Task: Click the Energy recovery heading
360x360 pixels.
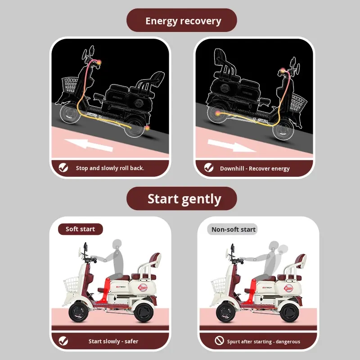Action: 183,21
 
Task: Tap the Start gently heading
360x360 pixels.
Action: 184,199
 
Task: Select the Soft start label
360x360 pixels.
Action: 80,229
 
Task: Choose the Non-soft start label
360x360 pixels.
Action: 233,229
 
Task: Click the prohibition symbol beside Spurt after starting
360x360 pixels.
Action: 219,340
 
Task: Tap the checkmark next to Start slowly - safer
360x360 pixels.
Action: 63,341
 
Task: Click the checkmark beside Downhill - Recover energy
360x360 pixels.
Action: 209,167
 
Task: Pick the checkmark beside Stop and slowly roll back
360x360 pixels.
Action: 63,167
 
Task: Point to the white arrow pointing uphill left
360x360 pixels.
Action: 89,145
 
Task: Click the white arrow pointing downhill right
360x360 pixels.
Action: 232,146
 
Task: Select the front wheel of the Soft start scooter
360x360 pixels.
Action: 78,312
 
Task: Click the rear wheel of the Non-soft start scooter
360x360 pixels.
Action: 289,312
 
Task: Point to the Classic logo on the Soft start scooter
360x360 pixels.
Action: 143,288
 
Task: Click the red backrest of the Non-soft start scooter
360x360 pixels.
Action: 300,261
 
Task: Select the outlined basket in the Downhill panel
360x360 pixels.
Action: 298,103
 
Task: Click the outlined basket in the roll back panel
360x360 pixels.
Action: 70,85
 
